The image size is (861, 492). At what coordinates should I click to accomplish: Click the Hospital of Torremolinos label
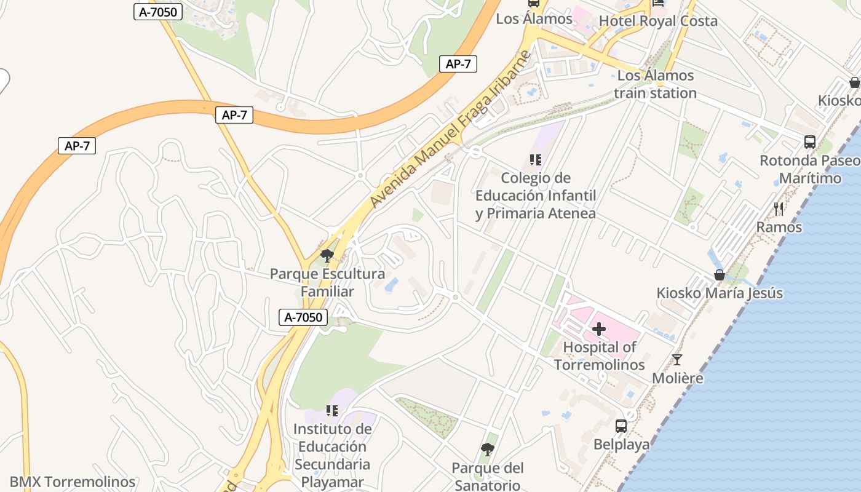[x=599, y=356]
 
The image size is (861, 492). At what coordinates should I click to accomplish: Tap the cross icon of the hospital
[x=599, y=329]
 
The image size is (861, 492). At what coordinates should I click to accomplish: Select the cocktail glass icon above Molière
[x=677, y=359]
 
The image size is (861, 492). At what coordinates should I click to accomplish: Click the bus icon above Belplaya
[x=621, y=426]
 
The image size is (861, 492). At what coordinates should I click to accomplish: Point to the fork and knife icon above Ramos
[x=779, y=208]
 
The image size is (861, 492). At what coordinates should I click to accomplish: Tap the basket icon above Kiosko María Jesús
[x=719, y=274]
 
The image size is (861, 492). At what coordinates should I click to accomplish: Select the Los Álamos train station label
[x=655, y=84]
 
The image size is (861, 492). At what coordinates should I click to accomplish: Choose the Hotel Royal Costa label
[x=658, y=21]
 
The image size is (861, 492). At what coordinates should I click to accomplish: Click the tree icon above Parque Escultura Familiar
[x=327, y=255]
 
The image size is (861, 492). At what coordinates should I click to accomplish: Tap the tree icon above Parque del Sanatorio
[x=488, y=450]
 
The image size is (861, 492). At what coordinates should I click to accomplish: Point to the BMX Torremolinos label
[x=73, y=482]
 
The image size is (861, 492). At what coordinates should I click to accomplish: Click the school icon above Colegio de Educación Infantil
[x=536, y=160]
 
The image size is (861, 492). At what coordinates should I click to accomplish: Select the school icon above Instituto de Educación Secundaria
[x=332, y=410]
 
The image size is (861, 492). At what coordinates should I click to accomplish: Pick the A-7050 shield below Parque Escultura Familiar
[x=303, y=317]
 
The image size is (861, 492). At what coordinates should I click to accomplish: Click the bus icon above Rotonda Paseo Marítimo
[x=810, y=142]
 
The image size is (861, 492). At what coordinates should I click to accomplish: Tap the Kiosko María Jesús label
[x=720, y=293]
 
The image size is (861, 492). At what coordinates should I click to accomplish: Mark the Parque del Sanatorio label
[x=488, y=477]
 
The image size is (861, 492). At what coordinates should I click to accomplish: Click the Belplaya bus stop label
[x=621, y=444]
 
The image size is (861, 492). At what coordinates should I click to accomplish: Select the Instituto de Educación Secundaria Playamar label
[x=332, y=455]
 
